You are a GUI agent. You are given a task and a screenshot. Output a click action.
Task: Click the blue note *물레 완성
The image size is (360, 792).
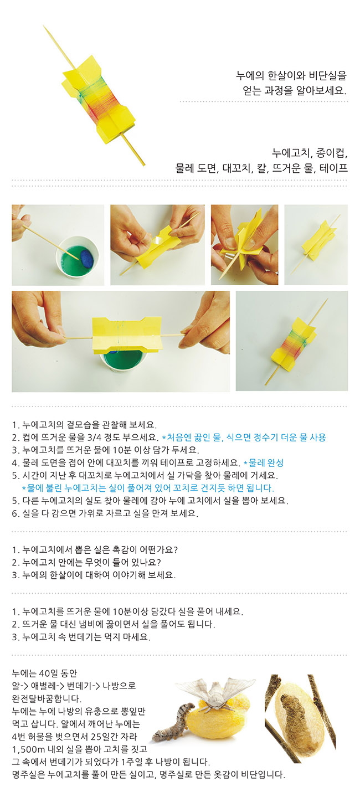coord(264,462)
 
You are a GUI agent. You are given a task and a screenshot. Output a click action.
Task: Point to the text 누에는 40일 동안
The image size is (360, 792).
coord(44,673)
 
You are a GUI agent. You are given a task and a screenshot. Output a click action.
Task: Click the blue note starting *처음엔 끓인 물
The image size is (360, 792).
coord(244,438)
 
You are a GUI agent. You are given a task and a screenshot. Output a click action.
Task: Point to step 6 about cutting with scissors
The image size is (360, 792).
coord(105,513)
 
